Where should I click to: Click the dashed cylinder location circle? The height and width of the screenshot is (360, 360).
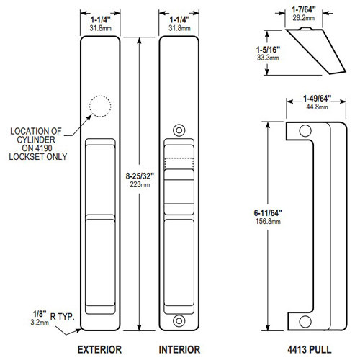pos(100,109)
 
